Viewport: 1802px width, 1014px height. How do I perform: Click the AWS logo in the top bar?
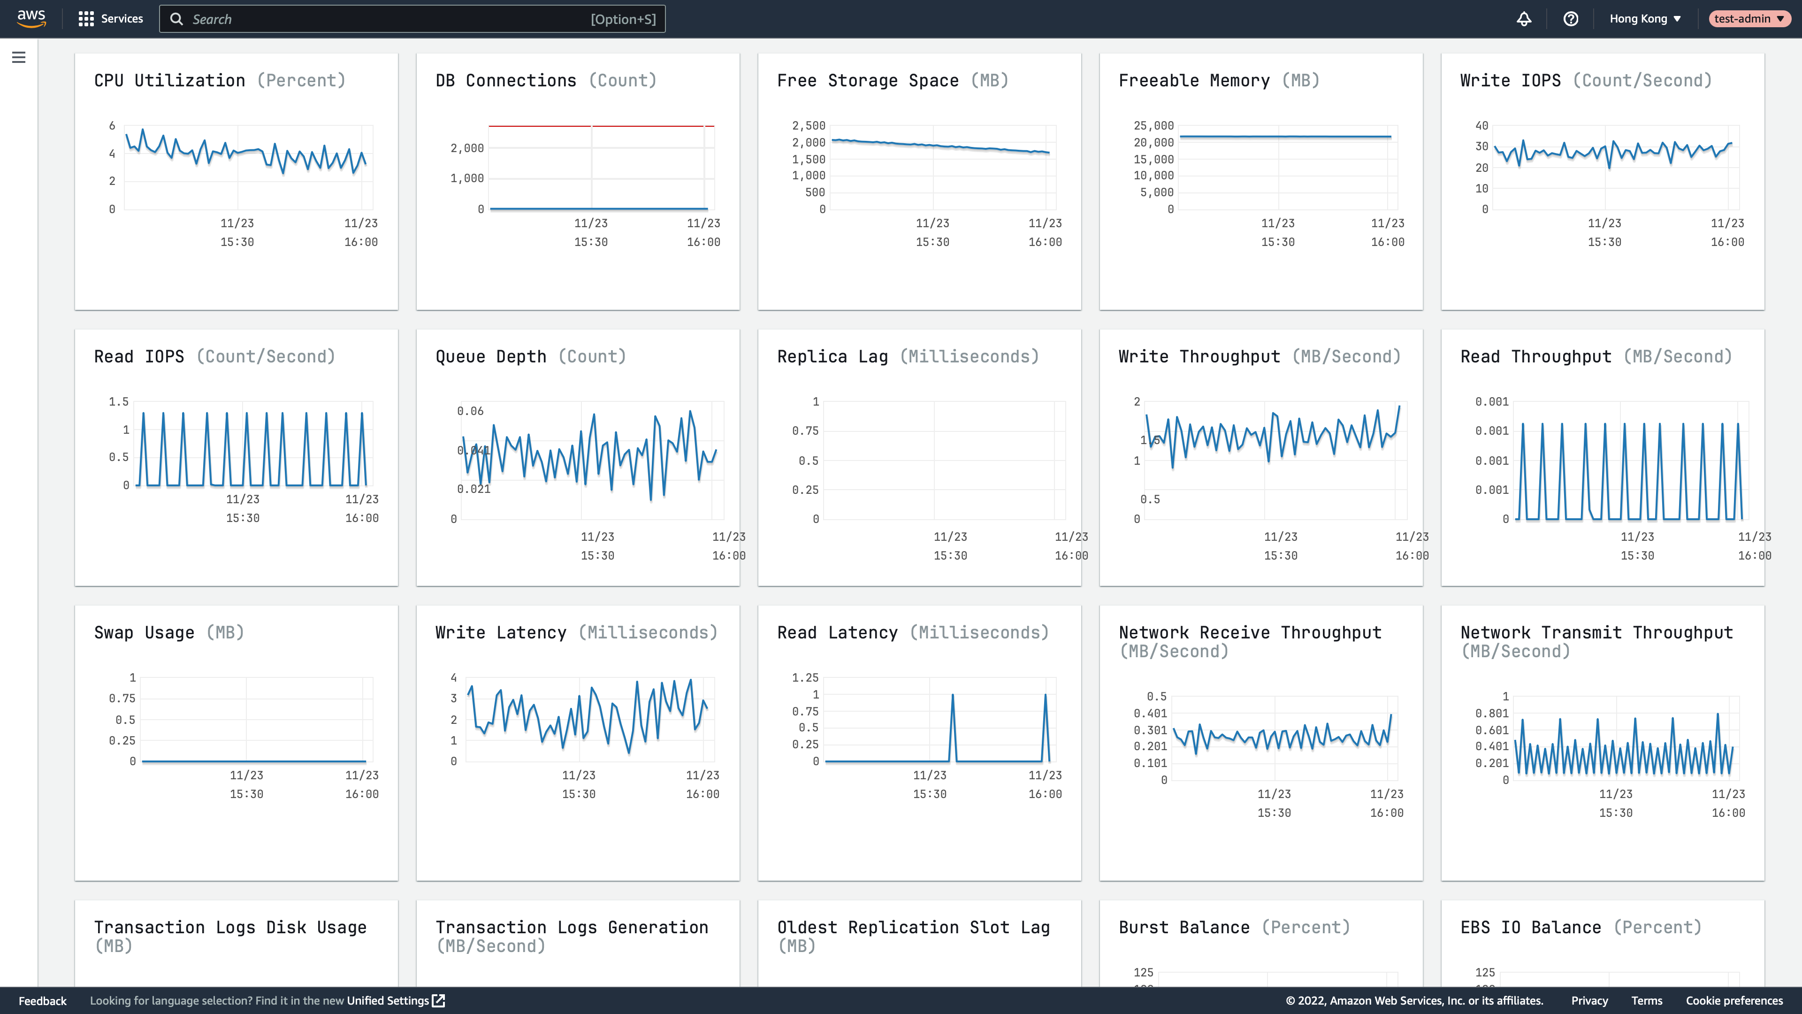(31, 18)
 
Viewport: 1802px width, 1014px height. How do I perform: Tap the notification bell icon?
(1524, 19)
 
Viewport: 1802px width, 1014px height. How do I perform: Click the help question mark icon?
(1571, 19)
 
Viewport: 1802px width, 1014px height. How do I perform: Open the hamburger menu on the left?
(19, 57)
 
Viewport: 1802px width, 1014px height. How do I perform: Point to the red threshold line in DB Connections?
(539, 126)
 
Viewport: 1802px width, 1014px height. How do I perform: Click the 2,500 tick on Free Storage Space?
(809, 126)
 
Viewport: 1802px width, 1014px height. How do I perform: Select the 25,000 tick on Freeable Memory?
(1153, 126)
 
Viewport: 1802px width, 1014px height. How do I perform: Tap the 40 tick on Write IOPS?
(1481, 126)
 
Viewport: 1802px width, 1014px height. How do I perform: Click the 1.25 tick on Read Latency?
(805, 678)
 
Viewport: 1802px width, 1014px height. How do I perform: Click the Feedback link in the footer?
(43, 1001)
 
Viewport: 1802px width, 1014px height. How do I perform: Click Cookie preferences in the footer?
(1734, 1001)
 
